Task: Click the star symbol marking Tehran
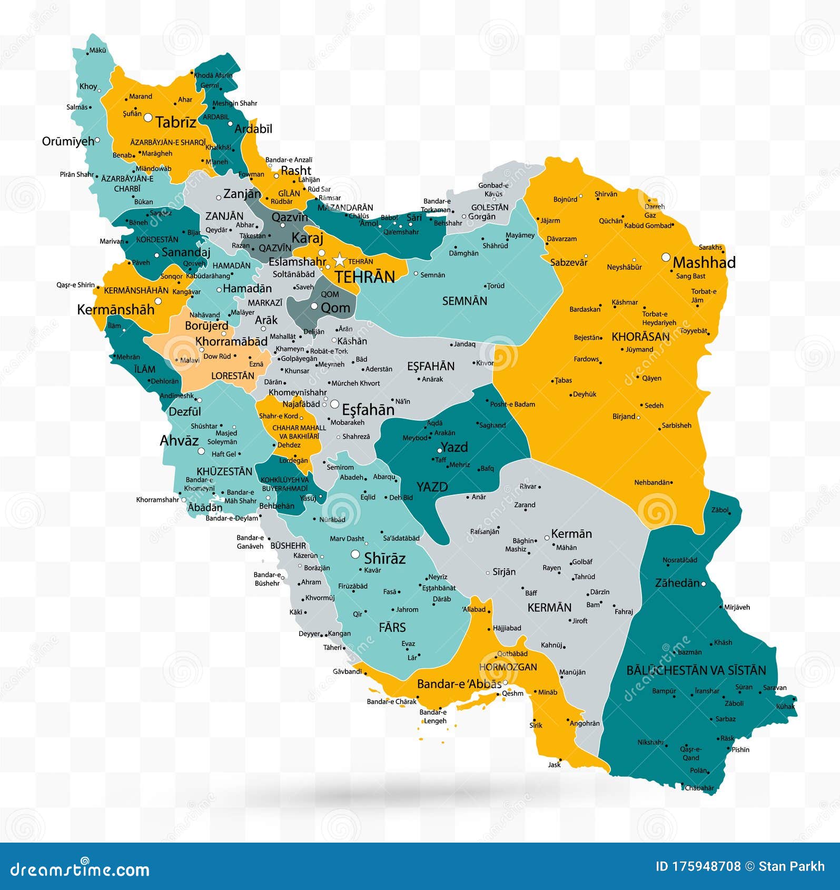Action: pyautogui.click(x=340, y=260)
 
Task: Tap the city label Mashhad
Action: pyautogui.click(x=704, y=262)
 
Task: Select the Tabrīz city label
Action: pyautogui.click(x=176, y=123)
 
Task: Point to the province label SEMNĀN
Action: pyautogui.click(x=465, y=301)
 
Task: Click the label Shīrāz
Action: pyautogui.click(x=384, y=558)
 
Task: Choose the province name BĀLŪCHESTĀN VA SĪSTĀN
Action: pyautogui.click(x=696, y=670)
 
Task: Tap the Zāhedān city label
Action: pyautogui.click(x=677, y=583)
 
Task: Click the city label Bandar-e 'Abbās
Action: pyautogui.click(x=459, y=684)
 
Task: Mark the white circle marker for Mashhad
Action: pyautogui.click(x=666, y=257)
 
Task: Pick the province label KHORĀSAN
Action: pyautogui.click(x=640, y=337)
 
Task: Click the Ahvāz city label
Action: pyautogui.click(x=179, y=441)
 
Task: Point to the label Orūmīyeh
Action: pyautogui.click(x=68, y=141)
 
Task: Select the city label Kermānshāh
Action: pyautogui.click(x=116, y=310)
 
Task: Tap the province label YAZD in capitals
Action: pyautogui.click(x=432, y=487)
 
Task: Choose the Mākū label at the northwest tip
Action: pyautogui.click(x=98, y=51)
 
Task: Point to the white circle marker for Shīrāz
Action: pyautogui.click(x=355, y=554)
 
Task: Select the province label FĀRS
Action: pyautogui.click(x=392, y=627)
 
